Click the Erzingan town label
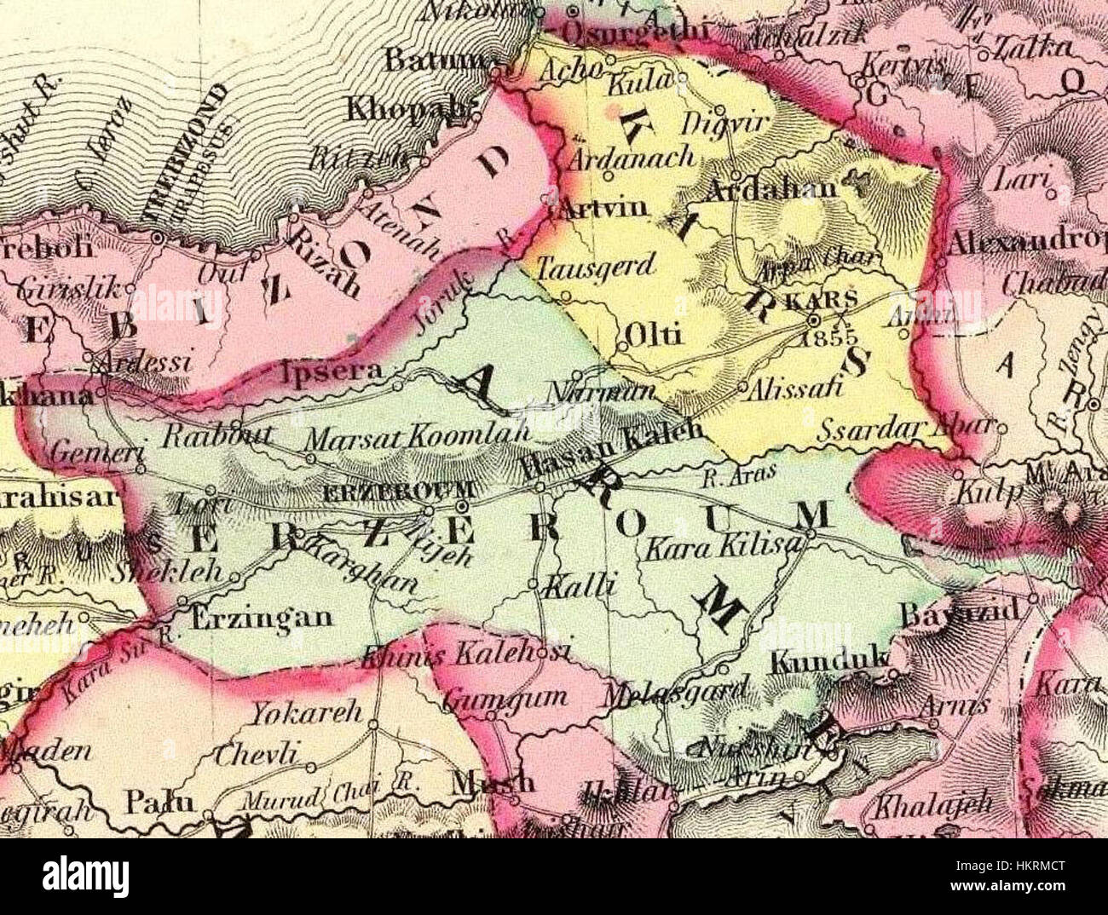click(x=261, y=616)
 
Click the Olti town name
click(x=654, y=335)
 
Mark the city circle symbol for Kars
click(x=814, y=320)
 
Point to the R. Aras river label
click(x=724, y=478)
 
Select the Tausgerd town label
click(x=597, y=266)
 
